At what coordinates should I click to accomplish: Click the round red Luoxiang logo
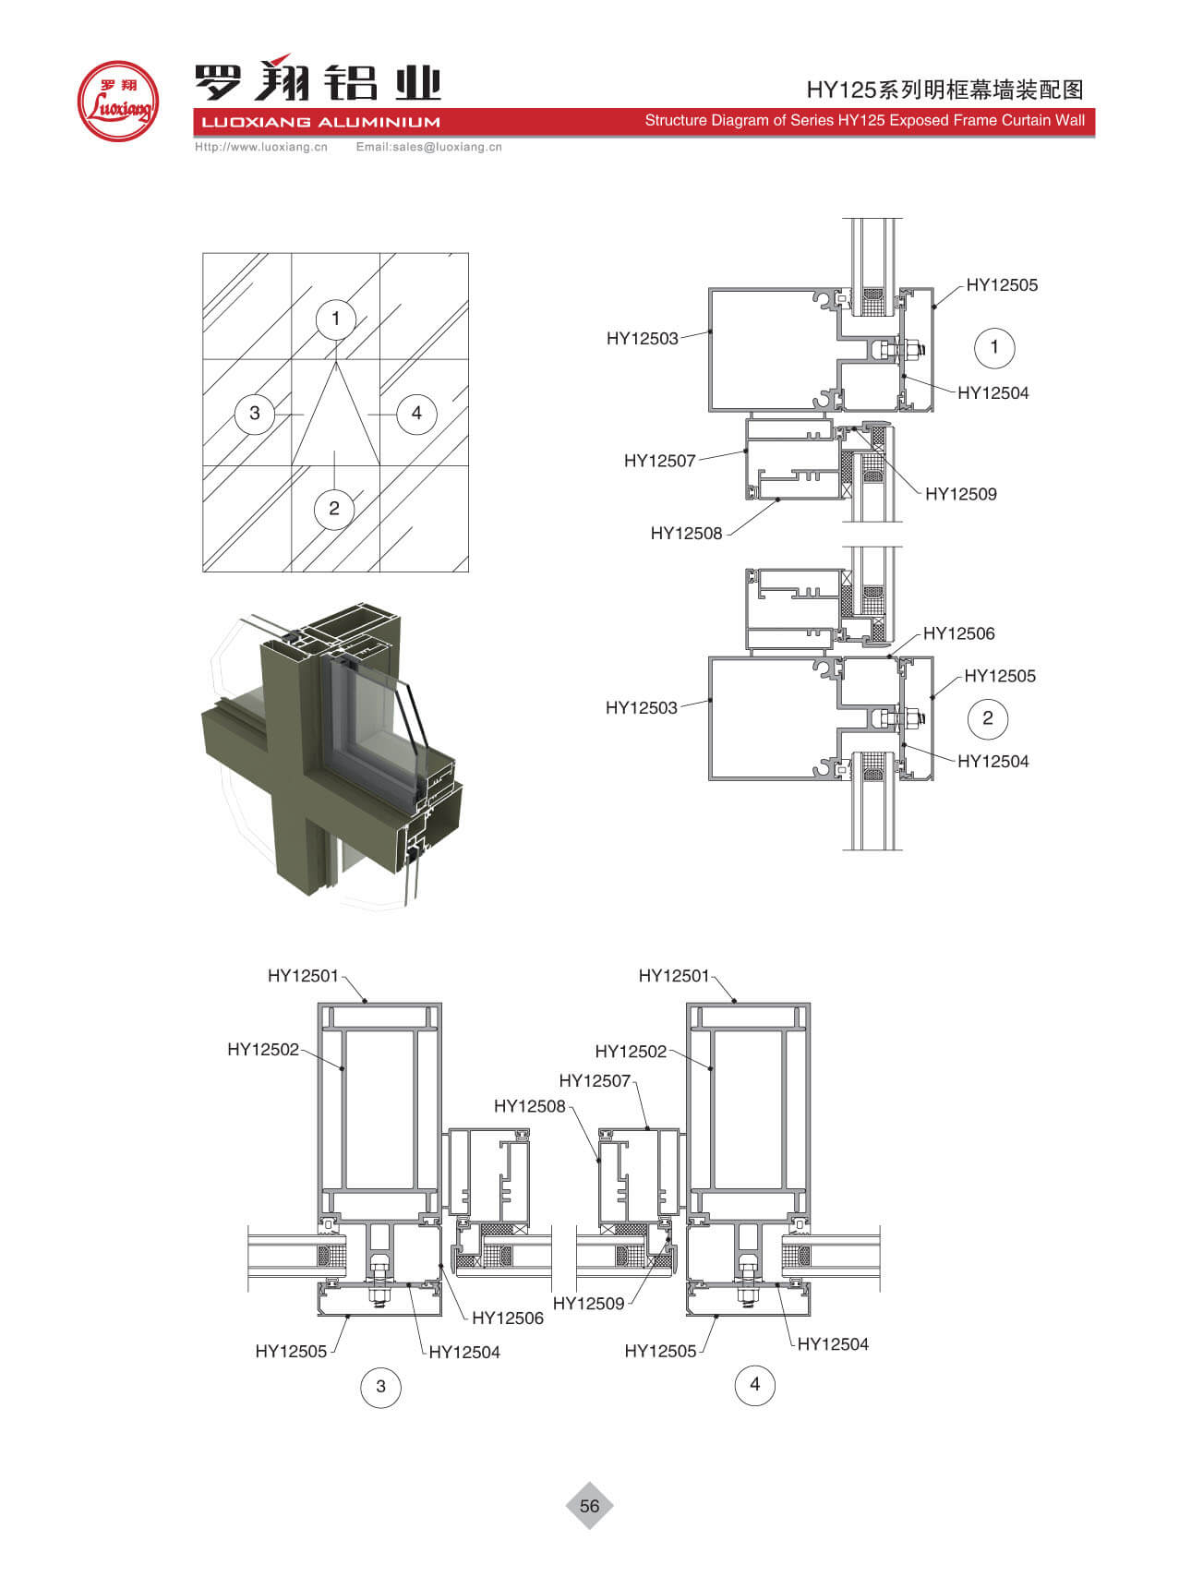click(x=117, y=101)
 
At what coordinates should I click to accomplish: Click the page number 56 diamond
click(x=589, y=1506)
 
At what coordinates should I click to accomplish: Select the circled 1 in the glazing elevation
click(x=335, y=319)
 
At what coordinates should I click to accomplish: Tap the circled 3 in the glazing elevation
click(x=255, y=413)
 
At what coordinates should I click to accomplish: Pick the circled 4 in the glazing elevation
click(x=416, y=413)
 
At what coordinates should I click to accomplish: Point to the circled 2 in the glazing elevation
click(x=334, y=508)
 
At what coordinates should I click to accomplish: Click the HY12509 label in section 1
click(x=960, y=494)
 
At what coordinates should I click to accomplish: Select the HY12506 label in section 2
click(x=958, y=633)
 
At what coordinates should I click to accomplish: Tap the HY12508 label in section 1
click(x=686, y=533)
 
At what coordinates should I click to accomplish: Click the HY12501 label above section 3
click(x=303, y=976)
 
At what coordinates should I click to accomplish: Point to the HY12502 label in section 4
click(x=631, y=1052)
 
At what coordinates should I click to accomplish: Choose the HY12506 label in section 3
click(x=507, y=1318)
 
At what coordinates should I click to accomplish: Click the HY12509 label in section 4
click(x=588, y=1304)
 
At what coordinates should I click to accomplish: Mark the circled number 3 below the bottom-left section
click(x=380, y=1386)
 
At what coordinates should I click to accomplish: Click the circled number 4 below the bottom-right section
click(x=754, y=1384)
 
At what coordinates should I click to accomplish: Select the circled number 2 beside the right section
click(x=988, y=718)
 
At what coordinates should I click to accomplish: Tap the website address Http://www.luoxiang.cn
click(x=261, y=147)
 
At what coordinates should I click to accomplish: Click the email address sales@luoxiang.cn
click(x=428, y=147)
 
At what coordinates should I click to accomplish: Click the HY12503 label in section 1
click(x=642, y=339)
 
